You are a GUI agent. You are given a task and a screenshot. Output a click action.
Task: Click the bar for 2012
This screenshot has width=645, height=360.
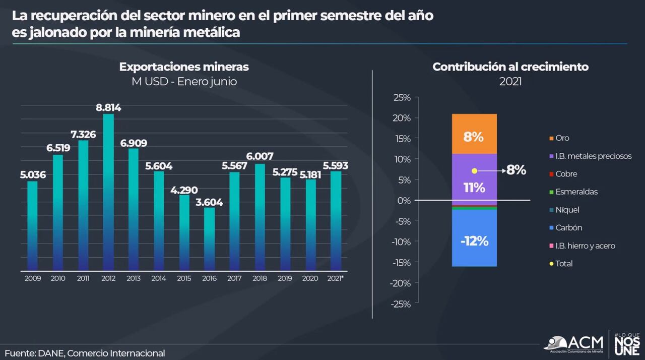point(108,192)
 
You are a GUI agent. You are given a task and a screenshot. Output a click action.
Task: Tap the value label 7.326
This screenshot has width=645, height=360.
point(83,134)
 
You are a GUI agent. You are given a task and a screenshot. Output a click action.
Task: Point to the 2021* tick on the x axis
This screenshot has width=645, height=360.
point(336,278)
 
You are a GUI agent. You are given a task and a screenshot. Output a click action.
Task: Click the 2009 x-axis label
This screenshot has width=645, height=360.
point(33,278)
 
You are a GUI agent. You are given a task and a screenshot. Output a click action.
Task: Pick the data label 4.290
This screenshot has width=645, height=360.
point(184,190)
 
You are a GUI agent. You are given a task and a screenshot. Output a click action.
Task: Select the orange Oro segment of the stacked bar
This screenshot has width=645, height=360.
point(474,134)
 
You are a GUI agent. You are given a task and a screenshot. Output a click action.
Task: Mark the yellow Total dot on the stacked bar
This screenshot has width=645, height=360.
point(474,171)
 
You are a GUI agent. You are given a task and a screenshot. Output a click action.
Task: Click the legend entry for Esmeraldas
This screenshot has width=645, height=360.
point(576,192)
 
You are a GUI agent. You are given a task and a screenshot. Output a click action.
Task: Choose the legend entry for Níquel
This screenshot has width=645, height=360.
point(567,210)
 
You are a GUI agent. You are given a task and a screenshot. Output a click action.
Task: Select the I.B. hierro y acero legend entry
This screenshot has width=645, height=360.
point(585,246)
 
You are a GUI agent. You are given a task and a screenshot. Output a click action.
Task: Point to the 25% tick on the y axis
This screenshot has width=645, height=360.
point(402,97)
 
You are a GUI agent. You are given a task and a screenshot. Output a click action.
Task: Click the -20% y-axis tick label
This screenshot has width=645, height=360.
point(401,283)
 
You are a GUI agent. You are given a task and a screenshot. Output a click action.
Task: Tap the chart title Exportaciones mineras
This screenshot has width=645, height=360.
point(184,67)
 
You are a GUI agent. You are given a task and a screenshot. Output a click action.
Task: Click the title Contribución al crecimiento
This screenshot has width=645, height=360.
point(510,67)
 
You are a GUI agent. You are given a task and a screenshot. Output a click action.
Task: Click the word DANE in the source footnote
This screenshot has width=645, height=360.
point(50,353)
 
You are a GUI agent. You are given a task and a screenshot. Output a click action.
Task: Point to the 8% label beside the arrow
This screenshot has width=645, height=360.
point(516,170)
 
